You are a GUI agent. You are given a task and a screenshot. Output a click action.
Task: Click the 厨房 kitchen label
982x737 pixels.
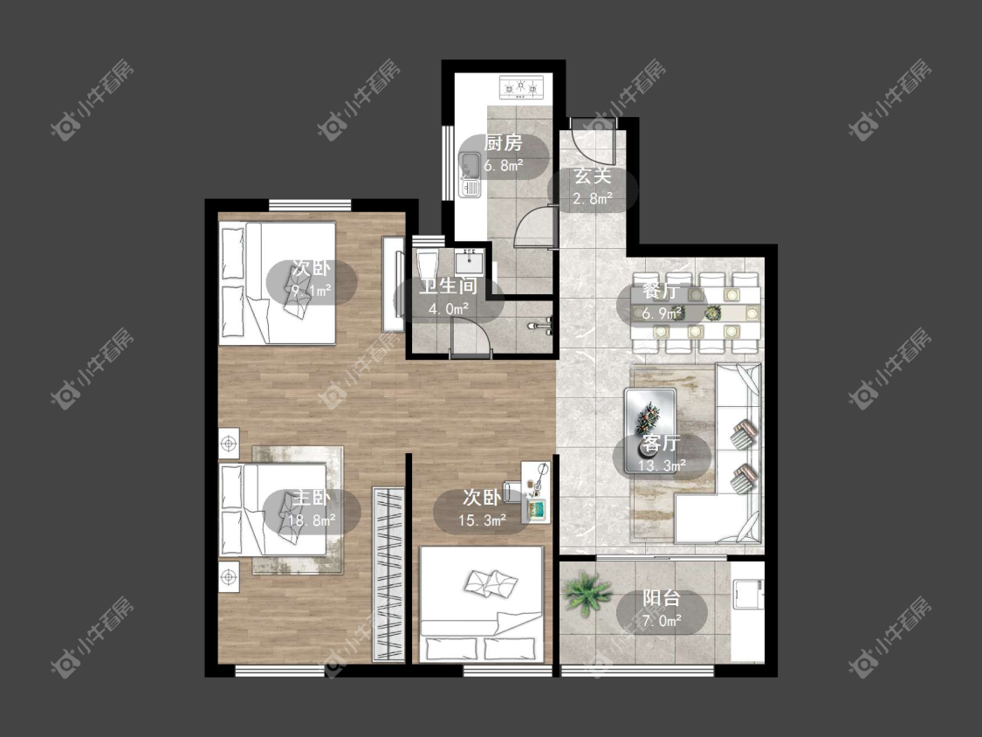click(x=503, y=143)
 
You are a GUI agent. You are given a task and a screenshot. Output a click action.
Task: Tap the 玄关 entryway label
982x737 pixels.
click(x=593, y=176)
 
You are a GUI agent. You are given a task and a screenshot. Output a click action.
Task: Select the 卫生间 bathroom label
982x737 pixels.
click(x=449, y=286)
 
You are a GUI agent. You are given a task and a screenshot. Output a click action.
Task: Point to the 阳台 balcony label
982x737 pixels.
click(x=662, y=598)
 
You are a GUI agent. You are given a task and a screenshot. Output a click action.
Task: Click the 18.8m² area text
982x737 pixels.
click(x=312, y=520)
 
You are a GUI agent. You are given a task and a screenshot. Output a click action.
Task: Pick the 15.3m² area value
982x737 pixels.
click(x=482, y=520)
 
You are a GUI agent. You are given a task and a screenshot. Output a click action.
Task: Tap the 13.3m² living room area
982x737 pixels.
click(x=662, y=465)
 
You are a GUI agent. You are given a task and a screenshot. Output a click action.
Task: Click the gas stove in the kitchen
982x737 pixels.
click(x=520, y=87)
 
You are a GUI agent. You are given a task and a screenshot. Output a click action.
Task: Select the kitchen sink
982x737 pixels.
click(x=470, y=175)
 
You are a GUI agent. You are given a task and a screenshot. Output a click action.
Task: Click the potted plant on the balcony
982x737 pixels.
click(x=587, y=593)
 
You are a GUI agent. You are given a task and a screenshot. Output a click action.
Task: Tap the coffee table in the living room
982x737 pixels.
click(x=650, y=430)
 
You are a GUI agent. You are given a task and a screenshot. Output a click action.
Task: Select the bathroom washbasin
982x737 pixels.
click(x=469, y=261)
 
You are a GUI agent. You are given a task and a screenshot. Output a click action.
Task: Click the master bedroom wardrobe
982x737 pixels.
click(x=388, y=574)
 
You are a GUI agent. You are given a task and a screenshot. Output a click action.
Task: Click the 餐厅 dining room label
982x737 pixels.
click(x=662, y=292)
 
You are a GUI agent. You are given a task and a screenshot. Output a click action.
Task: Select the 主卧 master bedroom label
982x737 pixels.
click(x=312, y=499)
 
